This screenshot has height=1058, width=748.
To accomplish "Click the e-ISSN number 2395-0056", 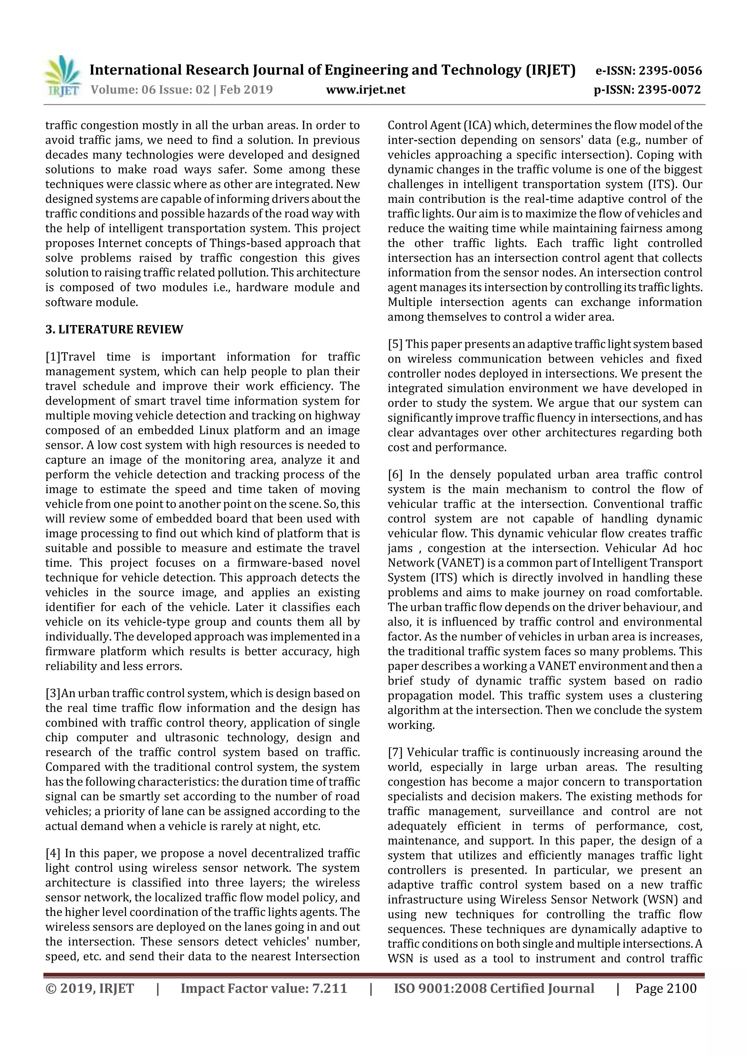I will (x=671, y=70).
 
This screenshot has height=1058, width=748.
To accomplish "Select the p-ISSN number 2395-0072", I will (x=669, y=89).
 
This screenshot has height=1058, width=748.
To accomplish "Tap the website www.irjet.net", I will (x=366, y=89).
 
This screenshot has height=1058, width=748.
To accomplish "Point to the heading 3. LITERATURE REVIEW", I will (x=114, y=329).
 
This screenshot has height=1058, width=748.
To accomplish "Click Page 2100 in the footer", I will (x=665, y=988).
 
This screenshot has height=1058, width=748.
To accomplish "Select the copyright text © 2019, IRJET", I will (x=90, y=988).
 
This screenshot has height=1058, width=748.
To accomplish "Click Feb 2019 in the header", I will (x=246, y=89).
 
